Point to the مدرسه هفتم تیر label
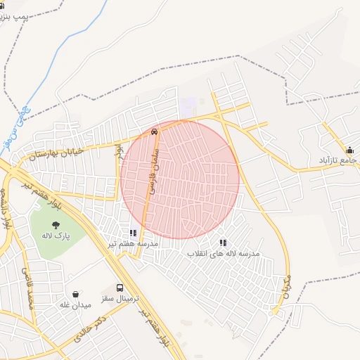click(x=132, y=243)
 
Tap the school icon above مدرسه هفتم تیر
click(x=132, y=232)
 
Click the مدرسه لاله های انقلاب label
click(x=223, y=252)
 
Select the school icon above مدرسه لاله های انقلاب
click(x=223, y=243)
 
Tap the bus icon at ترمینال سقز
click(x=120, y=288)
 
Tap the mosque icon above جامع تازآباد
click(x=349, y=150)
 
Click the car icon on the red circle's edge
click(x=154, y=131)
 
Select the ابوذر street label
click(x=120, y=151)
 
